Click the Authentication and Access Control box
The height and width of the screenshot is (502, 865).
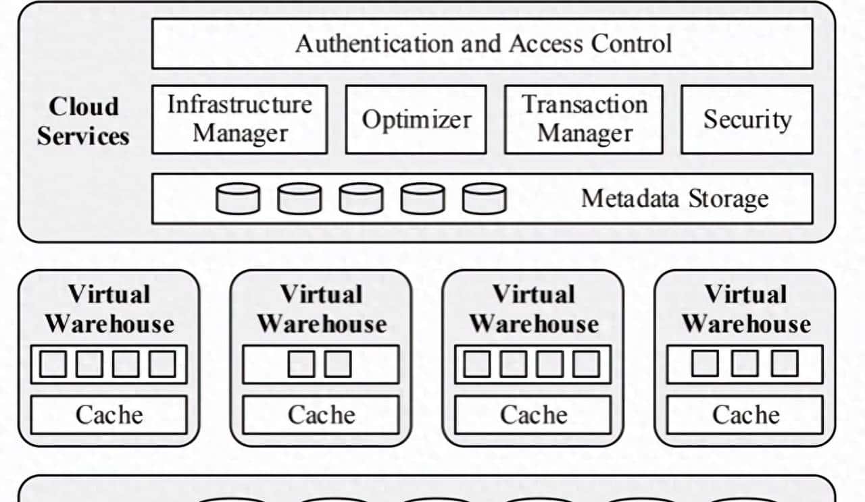[482, 44]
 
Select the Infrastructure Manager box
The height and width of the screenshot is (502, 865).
[239, 119]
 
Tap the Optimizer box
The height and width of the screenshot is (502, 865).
[416, 119]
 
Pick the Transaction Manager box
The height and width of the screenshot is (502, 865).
[584, 119]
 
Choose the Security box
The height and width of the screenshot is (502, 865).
[746, 119]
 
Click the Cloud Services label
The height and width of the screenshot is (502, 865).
[83, 121]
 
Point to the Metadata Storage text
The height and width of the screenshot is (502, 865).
[674, 199]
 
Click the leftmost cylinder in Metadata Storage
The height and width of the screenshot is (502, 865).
[237, 199]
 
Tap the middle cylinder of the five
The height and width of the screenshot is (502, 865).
[361, 199]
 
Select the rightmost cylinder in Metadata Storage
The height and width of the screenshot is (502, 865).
[485, 199]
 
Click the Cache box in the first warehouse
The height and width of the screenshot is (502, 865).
[109, 414]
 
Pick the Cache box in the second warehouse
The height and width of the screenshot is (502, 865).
[321, 414]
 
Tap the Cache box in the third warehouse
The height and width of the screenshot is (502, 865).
[533, 414]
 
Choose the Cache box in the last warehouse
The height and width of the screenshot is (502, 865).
[745, 414]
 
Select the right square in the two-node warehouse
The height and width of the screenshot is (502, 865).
[338, 364]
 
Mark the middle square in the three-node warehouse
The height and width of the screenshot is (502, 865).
[745, 364]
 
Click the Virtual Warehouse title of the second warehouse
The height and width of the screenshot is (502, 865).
[321, 309]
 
